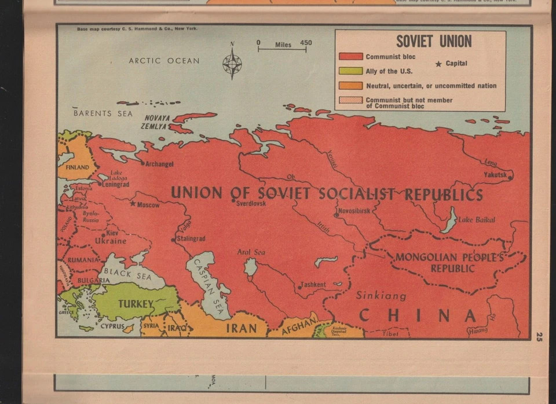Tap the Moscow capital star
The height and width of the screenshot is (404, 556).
pos(133,204)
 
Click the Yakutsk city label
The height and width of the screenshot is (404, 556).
pos(495,174)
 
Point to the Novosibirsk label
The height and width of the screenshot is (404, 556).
pos(353,211)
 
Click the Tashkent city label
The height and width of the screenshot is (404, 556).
pos(313,285)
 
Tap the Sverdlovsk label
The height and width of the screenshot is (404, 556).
pos(251,203)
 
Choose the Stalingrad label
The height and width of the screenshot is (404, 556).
pos(191,238)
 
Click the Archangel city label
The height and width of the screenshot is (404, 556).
pos(159,164)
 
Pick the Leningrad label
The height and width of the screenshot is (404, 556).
pos(115,185)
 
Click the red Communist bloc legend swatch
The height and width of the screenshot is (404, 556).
pos(350,57)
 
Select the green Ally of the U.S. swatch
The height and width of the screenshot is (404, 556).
pos(350,71)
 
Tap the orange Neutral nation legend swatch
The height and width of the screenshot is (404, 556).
pos(350,86)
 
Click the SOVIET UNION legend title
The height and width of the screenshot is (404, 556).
pos(434,41)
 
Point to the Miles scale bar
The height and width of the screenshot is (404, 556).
pos(283,49)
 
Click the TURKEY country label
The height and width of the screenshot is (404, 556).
pos(136,304)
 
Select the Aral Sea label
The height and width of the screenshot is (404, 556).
pos(251,252)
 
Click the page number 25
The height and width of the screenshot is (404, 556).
pos(539,336)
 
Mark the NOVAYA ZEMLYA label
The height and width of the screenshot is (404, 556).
pos(156,122)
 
